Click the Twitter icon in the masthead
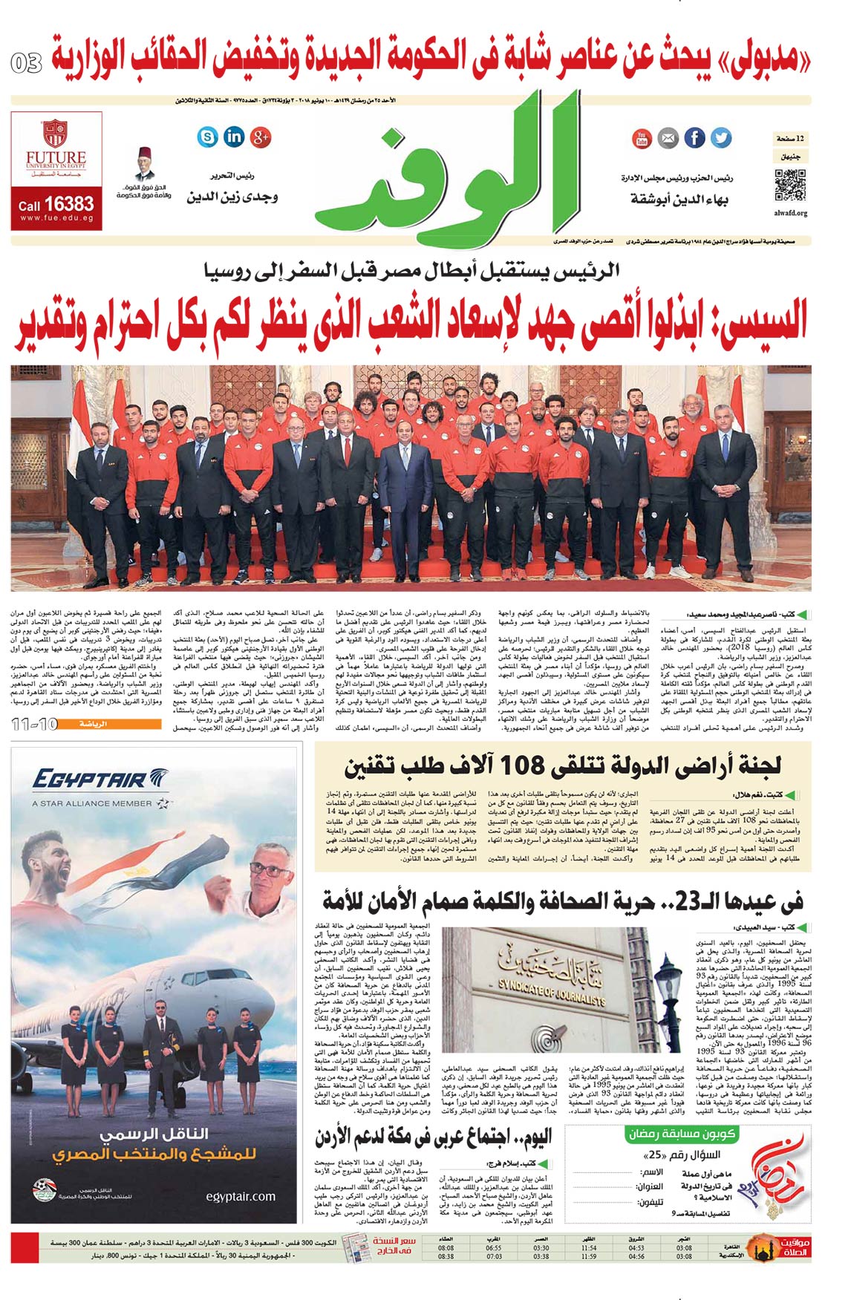point(720,137)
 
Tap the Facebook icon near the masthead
point(694,137)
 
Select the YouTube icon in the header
point(642,137)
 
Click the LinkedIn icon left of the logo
point(234,137)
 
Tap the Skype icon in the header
point(208,137)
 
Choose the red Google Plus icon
point(260,137)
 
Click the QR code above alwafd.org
point(789,185)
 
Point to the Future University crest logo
point(56,134)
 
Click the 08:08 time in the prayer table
point(446,1248)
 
